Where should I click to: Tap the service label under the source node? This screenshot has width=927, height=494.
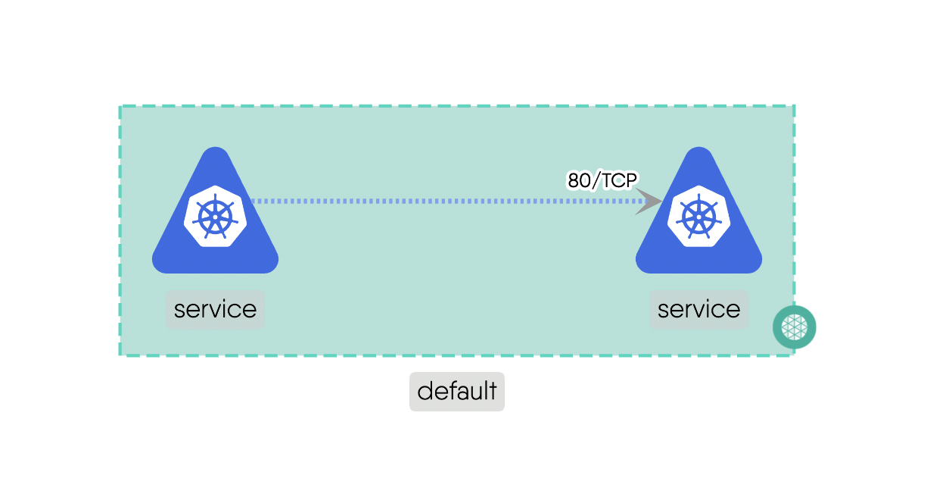click(215, 309)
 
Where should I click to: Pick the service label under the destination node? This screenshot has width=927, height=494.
click(698, 309)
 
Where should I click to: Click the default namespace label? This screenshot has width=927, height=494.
click(457, 392)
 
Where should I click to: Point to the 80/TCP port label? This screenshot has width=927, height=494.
click(603, 180)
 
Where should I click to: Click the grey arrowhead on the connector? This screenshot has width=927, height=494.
click(649, 202)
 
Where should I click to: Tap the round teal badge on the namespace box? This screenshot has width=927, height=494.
click(794, 327)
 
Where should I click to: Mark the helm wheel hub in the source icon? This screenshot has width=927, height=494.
click(215, 217)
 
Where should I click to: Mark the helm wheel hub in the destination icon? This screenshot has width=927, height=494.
click(698, 217)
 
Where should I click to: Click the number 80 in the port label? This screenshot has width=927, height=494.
click(579, 180)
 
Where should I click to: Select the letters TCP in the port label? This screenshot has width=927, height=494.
click(621, 180)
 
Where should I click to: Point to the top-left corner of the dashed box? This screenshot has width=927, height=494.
click(120, 106)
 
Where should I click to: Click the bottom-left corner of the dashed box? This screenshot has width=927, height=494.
click(120, 355)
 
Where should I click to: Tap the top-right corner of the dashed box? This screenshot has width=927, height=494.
click(794, 106)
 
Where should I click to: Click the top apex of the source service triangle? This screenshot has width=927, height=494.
click(216, 149)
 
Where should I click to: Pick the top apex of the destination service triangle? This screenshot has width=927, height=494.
click(699, 149)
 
